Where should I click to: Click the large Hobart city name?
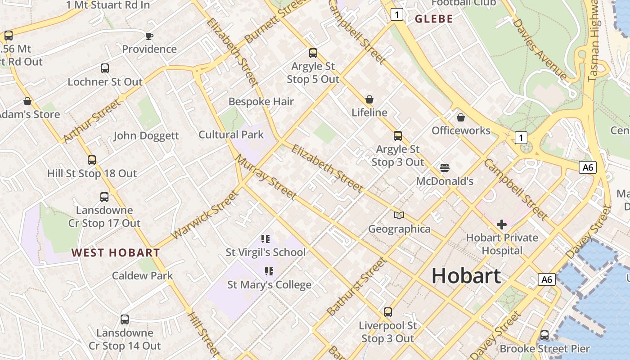(466, 275)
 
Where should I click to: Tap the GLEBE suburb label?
(434, 19)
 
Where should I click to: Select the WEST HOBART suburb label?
(116, 252)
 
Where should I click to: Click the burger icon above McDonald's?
(445, 168)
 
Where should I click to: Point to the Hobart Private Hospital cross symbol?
(502, 224)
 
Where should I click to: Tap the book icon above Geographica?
(399, 216)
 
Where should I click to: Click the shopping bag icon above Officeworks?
(461, 117)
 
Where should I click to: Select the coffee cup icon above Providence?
(149, 36)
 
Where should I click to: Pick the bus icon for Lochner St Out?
(105, 68)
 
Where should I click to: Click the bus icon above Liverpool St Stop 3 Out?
(388, 312)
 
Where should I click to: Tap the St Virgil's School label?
(265, 252)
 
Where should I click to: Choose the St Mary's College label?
(269, 284)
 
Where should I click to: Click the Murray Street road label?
(266, 177)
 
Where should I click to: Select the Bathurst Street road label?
(356, 286)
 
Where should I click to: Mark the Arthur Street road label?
(92, 121)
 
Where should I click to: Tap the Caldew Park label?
(142, 275)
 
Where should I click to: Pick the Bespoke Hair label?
(261, 102)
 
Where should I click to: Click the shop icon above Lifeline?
(369, 99)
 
